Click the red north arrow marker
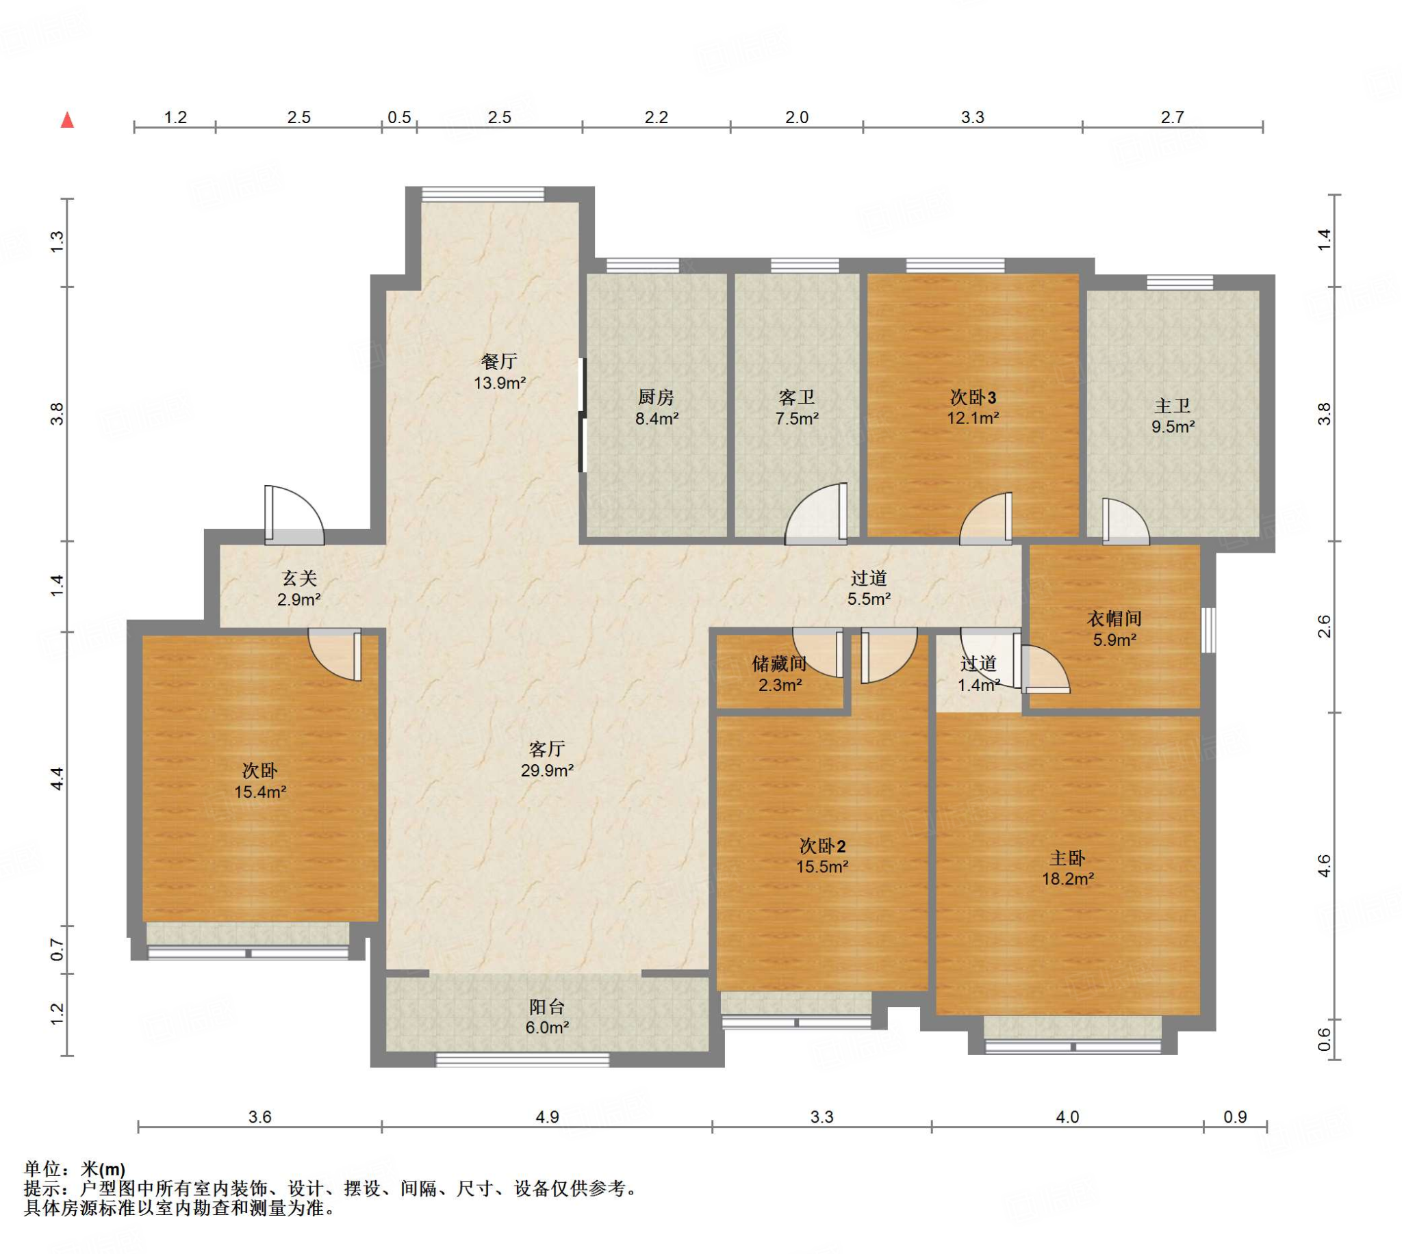point(67,120)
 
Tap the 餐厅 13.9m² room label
point(500,372)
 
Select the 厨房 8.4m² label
point(657,407)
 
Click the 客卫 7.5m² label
point(797,407)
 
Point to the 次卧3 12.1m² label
point(973,407)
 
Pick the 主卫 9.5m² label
point(1173,416)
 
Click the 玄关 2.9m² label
point(299,588)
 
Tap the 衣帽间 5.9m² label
point(1114,629)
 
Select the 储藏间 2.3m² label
point(780,674)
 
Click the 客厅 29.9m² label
point(547,759)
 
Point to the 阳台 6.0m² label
point(547,1017)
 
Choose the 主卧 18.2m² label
point(1067,868)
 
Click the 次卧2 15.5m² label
point(822,856)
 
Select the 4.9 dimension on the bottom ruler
point(547,1117)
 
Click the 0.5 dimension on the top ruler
point(399,117)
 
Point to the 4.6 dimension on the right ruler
point(1324,865)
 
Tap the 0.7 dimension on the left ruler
point(58,951)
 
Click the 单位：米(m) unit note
point(75,1169)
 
